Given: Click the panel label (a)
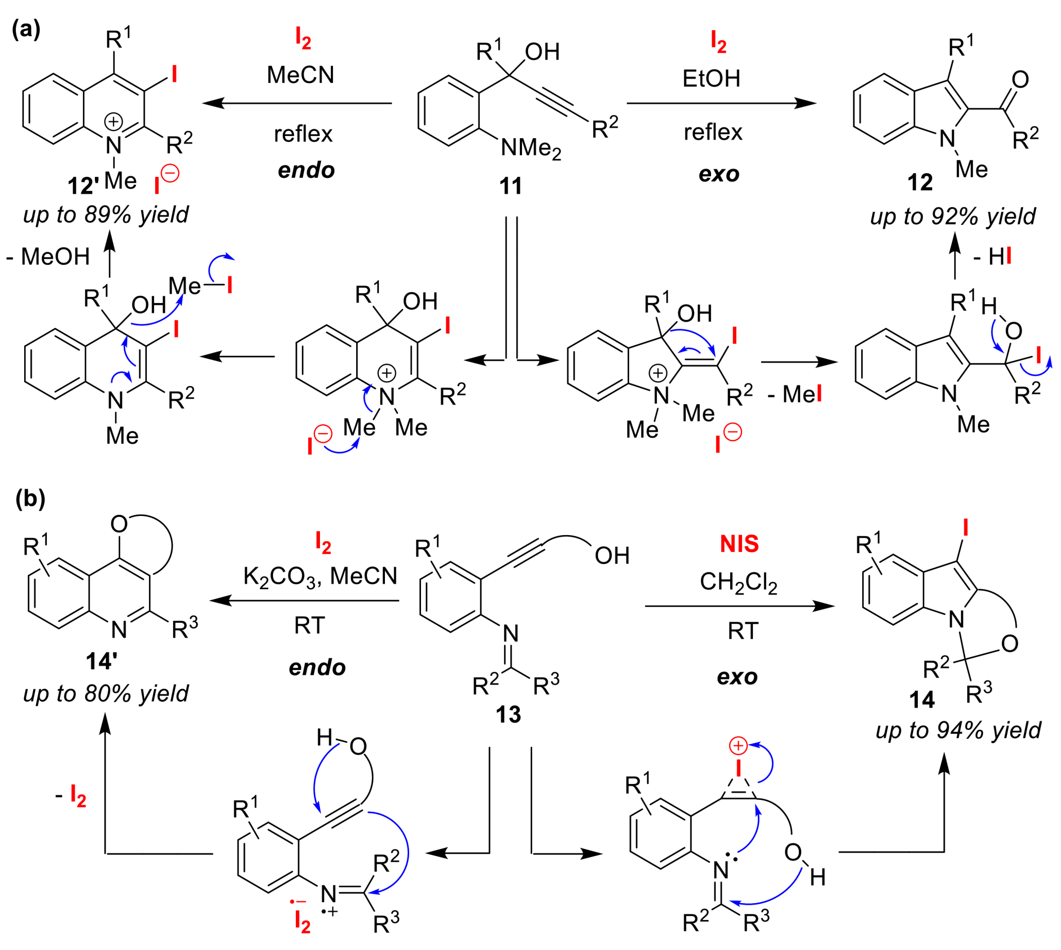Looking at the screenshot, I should click(26, 29).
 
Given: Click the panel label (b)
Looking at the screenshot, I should click(30, 498).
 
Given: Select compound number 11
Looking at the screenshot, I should click(511, 186).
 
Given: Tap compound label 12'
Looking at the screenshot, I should click(83, 186).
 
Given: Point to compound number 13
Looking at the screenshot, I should click(508, 714).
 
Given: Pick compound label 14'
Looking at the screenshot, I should click(101, 661).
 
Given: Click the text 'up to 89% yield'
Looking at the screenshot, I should click(106, 214).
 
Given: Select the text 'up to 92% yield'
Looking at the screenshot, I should click(952, 216).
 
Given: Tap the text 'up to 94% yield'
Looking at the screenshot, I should click(958, 730).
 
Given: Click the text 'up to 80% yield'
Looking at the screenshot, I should click(106, 694).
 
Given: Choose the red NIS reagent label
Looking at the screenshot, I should click(739, 544).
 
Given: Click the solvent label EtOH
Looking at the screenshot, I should click(711, 78).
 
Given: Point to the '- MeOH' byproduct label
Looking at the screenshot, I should click(48, 257).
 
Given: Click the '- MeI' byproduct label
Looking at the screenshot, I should click(795, 394).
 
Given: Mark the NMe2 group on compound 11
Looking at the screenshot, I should click(531, 149).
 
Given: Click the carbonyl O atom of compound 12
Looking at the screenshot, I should click(1020, 79).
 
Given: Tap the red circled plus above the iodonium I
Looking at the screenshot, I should click(738, 746).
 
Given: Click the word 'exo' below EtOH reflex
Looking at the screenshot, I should click(719, 174).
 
